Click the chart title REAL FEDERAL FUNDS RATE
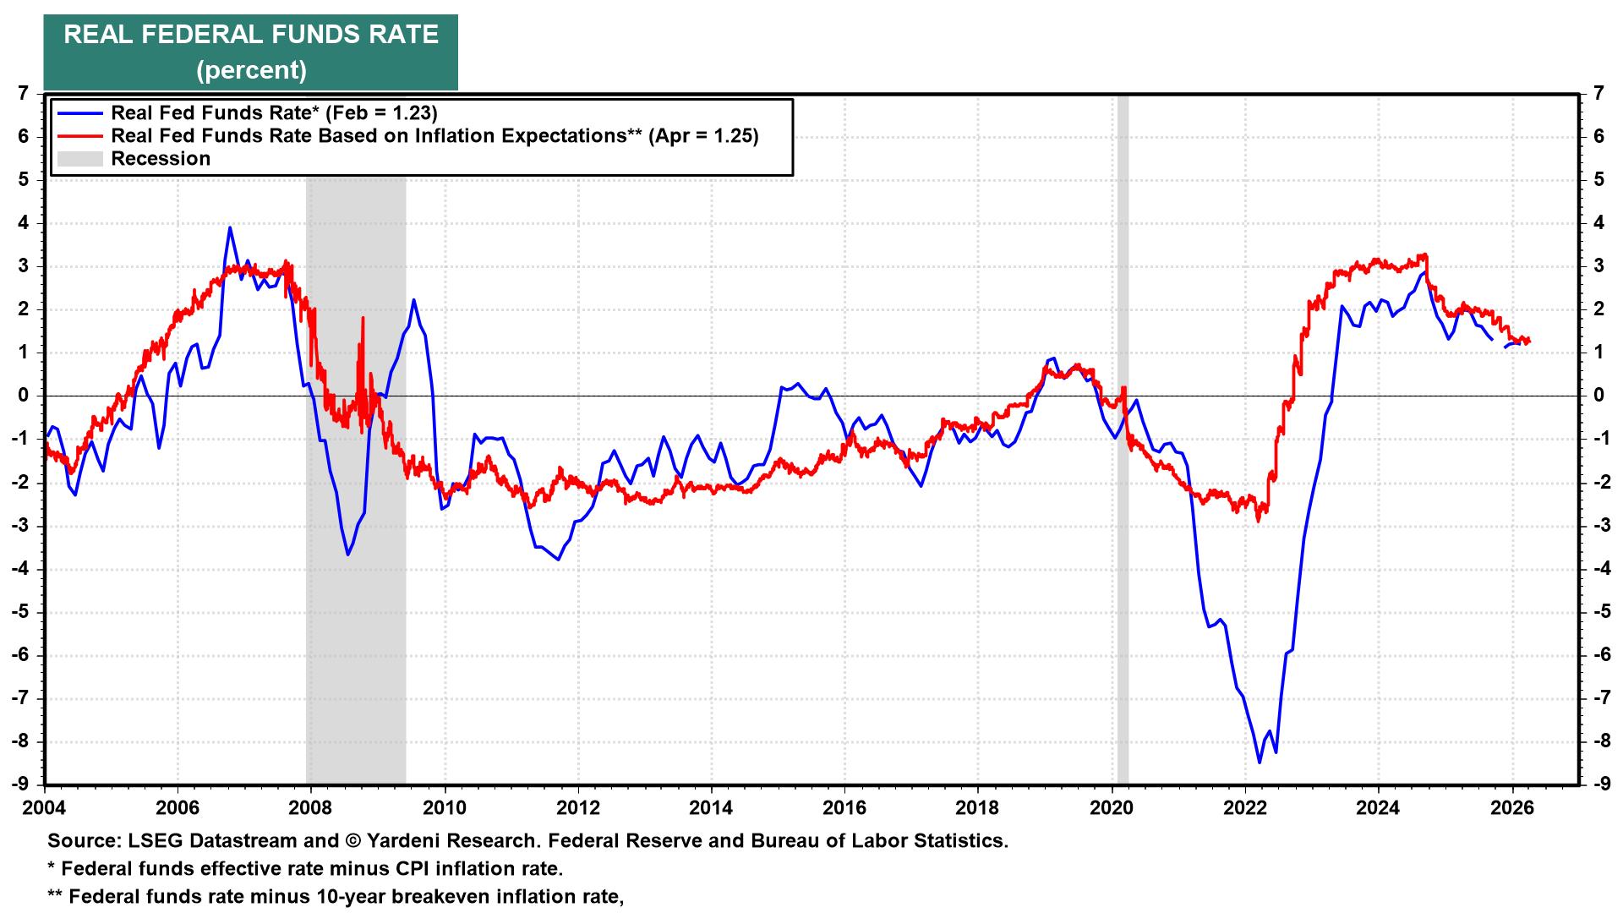[x=251, y=36]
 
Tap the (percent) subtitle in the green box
[x=251, y=69]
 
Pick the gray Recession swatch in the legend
[x=78, y=159]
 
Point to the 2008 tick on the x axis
[x=311, y=806]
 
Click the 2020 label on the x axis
[x=1112, y=806]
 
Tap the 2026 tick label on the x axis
[x=1511, y=806]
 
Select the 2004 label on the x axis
[x=44, y=806]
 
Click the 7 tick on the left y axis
[x=23, y=93]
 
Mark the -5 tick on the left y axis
[x=20, y=611]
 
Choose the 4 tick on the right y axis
[x=1598, y=223]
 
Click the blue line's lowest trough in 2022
[x=1260, y=763]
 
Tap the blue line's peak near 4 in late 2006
[x=230, y=227]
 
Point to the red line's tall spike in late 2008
[x=363, y=319]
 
